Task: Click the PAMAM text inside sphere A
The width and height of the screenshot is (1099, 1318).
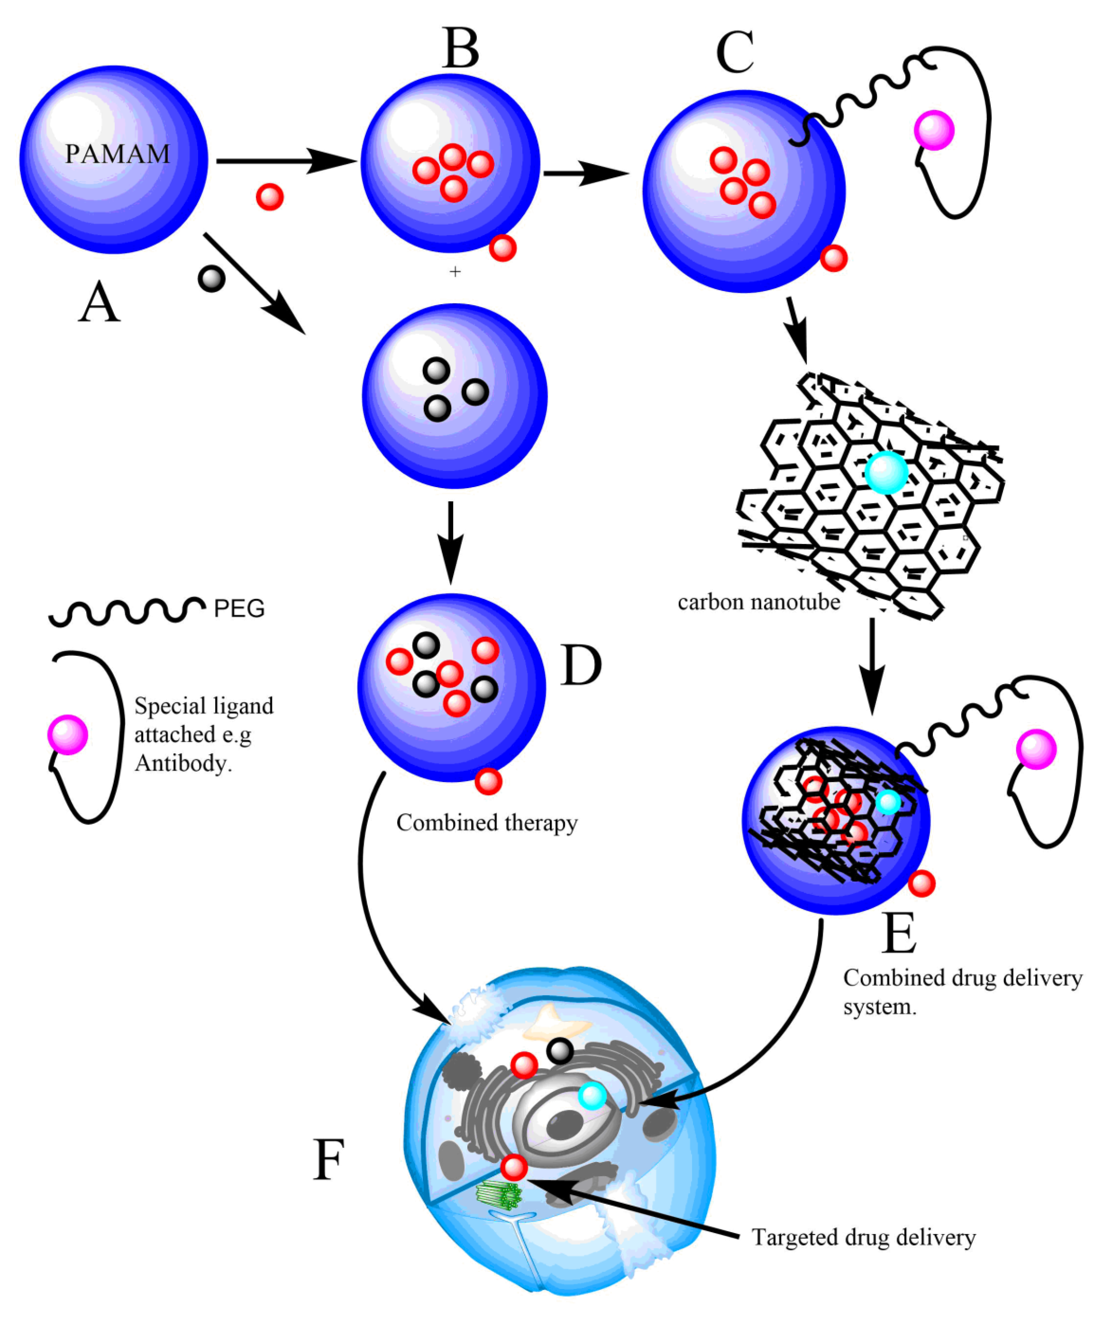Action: coord(117,154)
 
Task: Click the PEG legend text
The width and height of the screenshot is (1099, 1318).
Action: coord(239,609)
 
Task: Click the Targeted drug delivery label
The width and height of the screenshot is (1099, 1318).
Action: coord(863,1237)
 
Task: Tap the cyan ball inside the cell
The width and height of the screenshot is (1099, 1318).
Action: coord(592,1096)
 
